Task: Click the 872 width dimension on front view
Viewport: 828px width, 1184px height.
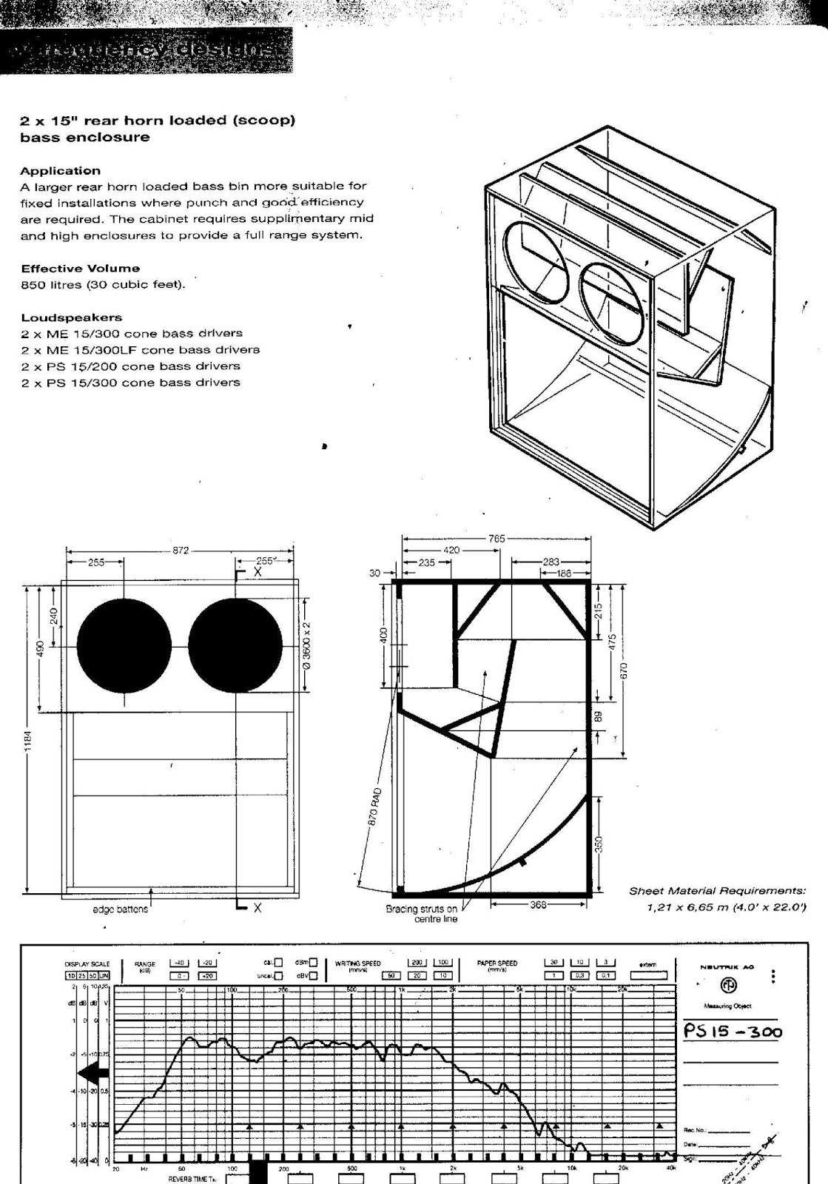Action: [x=181, y=551]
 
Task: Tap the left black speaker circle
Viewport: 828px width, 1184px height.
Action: [x=124, y=645]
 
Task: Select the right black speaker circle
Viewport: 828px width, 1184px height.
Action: [x=235, y=645]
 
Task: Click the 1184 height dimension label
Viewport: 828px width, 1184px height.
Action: [x=29, y=741]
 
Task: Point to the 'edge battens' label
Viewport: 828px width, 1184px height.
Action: [x=120, y=909]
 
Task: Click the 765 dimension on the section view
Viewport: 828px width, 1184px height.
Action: [x=497, y=539]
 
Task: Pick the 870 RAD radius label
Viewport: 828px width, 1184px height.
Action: [x=376, y=806]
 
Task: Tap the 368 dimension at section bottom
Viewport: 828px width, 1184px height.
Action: [x=538, y=904]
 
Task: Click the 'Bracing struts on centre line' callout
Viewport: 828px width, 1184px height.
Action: [x=422, y=914]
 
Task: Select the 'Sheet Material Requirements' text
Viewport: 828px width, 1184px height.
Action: [x=717, y=891]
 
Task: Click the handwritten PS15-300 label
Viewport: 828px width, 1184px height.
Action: [x=732, y=1031]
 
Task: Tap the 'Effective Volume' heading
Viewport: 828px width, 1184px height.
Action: [x=80, y=269]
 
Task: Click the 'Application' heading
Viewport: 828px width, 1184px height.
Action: [x=60, y=171]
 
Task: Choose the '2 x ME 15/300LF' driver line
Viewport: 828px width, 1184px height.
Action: [x=140, y=350]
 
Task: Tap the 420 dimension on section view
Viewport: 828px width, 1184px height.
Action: [x=451, y=551]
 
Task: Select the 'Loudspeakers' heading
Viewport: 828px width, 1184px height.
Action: [x=71, y=317]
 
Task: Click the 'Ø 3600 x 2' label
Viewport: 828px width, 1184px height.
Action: [x=307, y=645]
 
